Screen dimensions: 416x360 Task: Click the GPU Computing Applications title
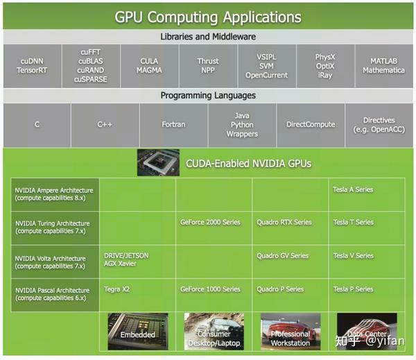(208, 17)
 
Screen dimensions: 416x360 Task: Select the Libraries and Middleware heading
(208, 37)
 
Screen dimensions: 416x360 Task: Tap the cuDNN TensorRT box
(32, 66)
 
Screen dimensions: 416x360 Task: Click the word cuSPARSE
(90, 79)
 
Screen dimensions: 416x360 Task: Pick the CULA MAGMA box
(149, 66)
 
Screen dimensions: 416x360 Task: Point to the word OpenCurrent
(266, 75)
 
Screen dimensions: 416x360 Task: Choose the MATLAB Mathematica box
(384, 66)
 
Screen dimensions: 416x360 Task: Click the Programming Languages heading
(208, 95)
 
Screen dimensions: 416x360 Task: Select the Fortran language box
(173, 125)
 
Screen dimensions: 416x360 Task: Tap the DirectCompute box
(311, 125)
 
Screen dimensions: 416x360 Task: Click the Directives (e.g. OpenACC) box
(379, 125)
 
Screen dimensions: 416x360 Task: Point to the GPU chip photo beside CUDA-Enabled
(158, 162)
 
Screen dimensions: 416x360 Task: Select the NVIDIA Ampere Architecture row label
(55, 194)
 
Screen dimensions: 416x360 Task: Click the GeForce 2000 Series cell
(214, 228)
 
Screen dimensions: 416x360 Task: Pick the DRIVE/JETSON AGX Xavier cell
(137, 262)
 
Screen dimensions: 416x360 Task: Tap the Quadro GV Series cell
(291, 262)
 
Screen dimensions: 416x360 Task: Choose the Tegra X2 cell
(137, 295)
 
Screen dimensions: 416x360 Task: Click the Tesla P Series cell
(367, 295)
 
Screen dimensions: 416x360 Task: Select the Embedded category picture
(138, 332)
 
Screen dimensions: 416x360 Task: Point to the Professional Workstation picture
(291, 332)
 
